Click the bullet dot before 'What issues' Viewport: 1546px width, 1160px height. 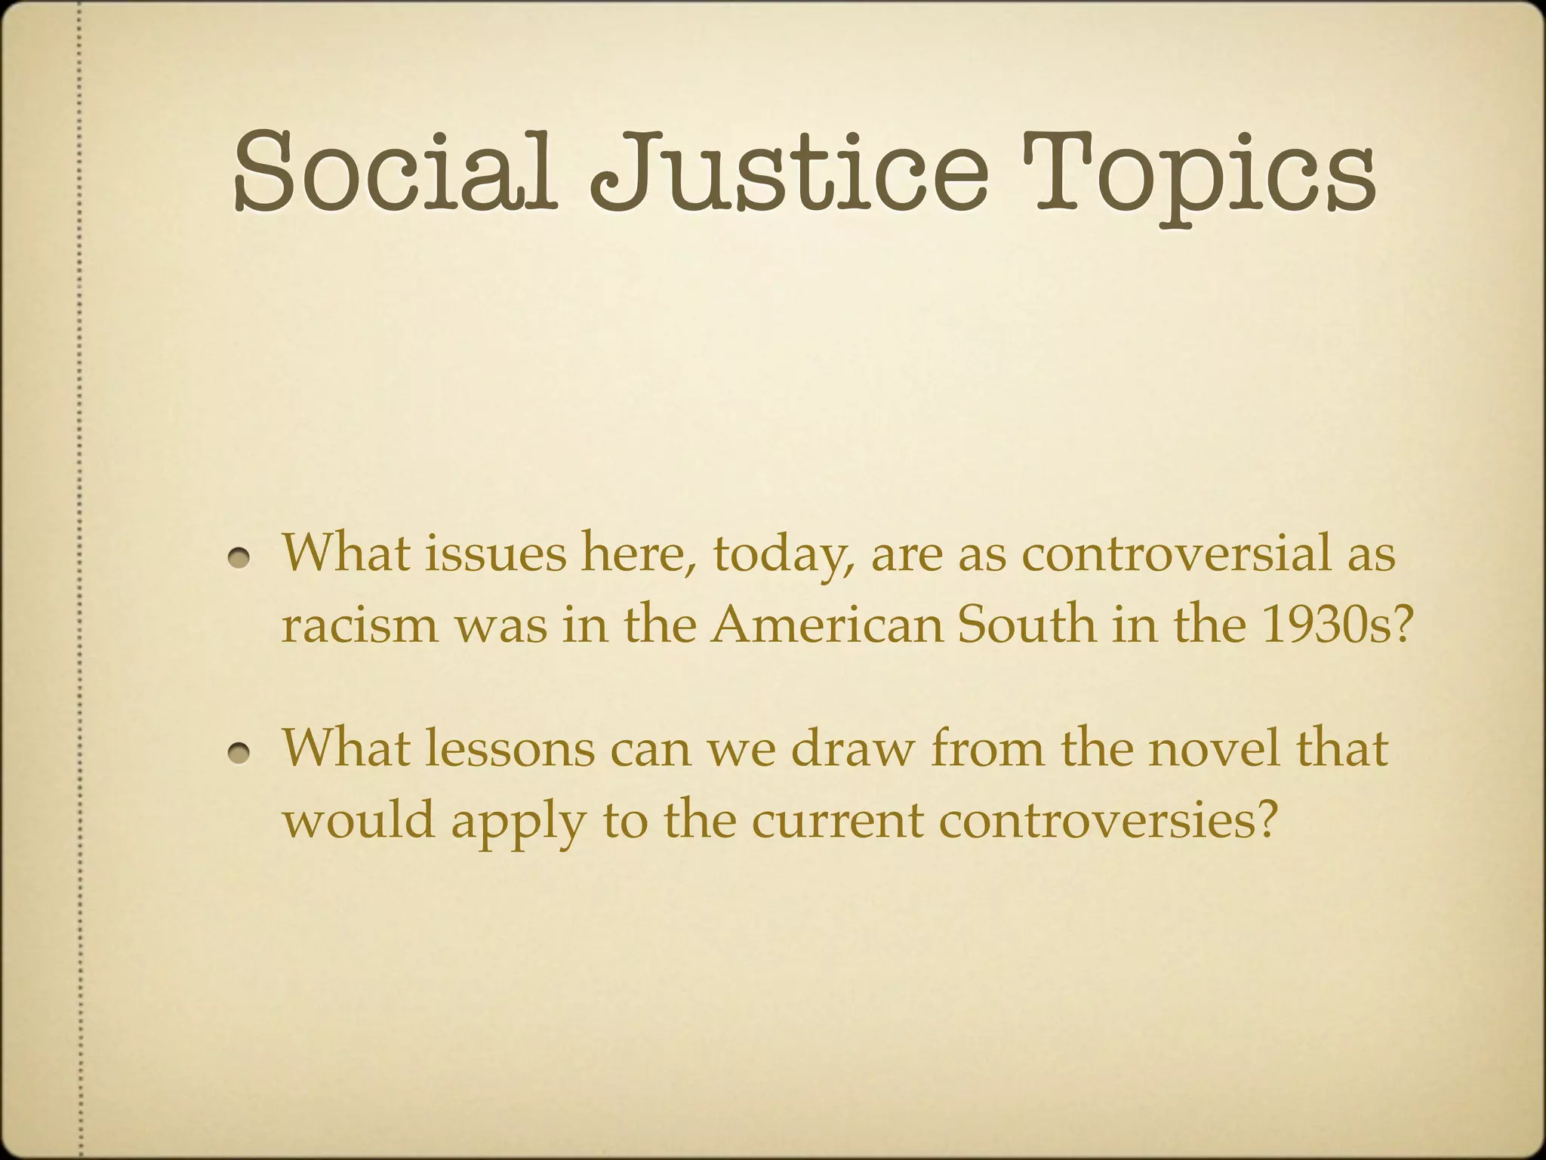click(x=241, y=557)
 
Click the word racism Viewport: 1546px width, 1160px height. click(x=359, y=625)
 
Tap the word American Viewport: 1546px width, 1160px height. click(x=827, y=625)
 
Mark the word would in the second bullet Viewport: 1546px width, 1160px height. click(x=359, y=820)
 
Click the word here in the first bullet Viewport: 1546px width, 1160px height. click(x=636, y=554)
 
